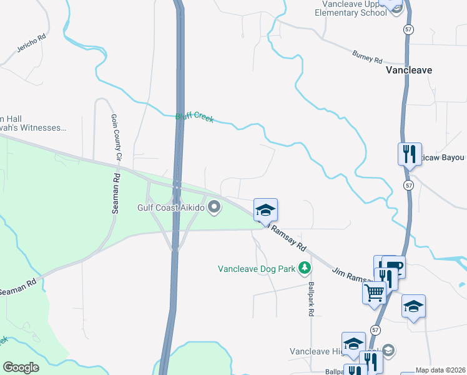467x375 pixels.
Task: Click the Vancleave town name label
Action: (x=408, y=70)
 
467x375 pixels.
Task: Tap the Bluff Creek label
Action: (x=194, y=116)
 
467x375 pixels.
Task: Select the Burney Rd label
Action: (x=366, y=57)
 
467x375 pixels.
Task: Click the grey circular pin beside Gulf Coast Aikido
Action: (x=215, y=207)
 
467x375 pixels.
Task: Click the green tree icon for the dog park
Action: (x=304, y=269)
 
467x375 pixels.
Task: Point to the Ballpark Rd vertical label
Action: (x=310, y=299)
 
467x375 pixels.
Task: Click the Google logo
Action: (x=21, y=367)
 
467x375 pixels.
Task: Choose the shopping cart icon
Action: (x=374, y=291)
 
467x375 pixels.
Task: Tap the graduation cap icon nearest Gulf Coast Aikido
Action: (x=265, y=209)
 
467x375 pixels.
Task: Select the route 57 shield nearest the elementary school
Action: (x=408, y=29)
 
